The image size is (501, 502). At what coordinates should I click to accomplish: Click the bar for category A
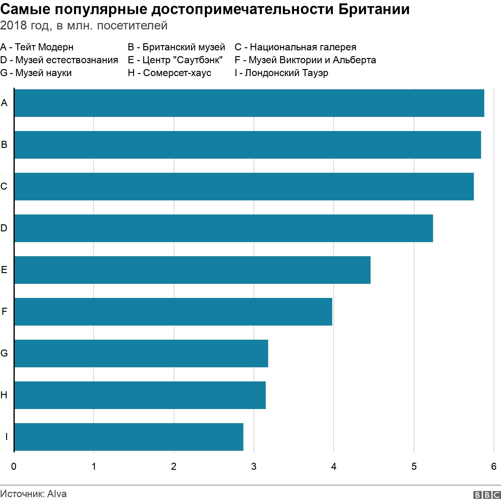point(249,103)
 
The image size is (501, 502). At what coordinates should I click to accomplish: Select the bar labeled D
point(223,228)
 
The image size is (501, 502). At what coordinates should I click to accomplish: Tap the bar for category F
point(173,312)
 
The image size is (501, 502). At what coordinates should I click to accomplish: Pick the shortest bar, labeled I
point(129,437)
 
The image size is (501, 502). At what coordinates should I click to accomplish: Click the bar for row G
point(141,353)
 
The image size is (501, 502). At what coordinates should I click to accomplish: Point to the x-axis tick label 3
point(254,467)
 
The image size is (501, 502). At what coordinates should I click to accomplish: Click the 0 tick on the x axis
point(14,467)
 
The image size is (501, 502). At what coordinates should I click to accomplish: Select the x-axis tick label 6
point(494,467)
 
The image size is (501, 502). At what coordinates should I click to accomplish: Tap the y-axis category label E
point(4,270)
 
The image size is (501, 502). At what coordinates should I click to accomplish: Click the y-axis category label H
point(4,395)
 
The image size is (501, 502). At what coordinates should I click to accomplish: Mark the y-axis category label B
point(4,145)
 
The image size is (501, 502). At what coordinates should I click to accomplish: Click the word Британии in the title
point(374,10)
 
